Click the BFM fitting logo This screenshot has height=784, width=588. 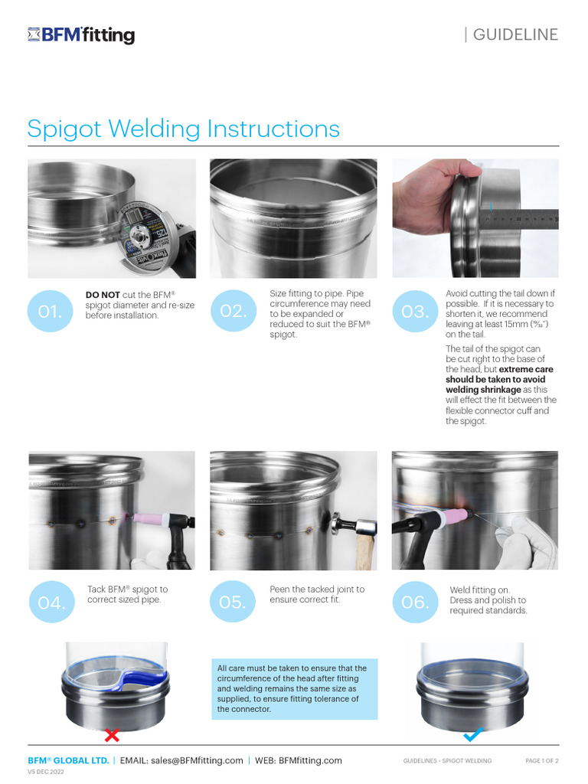(81, 34)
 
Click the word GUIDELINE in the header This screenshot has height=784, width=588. (515, 34)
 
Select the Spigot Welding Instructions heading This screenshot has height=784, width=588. (183, 128)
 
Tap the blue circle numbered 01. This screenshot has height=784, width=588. (50, 311)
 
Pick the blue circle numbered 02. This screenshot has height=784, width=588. (233, 311)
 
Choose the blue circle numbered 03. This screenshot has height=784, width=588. (414, 311)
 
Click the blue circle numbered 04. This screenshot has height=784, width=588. (51, 603)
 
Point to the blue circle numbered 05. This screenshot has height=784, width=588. (233, 603)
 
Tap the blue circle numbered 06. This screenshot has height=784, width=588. (414, 603)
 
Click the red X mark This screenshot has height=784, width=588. (112, 736)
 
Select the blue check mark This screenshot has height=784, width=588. (472, 735)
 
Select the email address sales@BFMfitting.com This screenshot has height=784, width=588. (197, 760)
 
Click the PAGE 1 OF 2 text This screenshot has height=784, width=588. (541, 760)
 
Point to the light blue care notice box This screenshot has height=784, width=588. (295, 689)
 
